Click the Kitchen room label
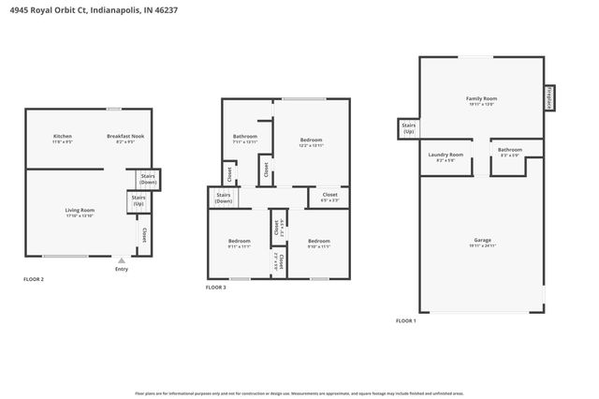(x=62, y=137)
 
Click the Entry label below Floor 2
(x=122, y=270)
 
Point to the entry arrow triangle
(x=122, y=260)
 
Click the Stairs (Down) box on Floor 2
(x=148, y=178)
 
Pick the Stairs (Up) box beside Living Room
(x=138, y=200)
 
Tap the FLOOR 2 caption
(x=34, y=279)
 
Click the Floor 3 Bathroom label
(x=245, y=138)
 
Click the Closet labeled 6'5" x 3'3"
(x=329, y=198)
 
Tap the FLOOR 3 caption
(x=215, y=288)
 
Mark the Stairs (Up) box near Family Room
(x=408, y=128)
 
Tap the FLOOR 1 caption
(x=405, y=321)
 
